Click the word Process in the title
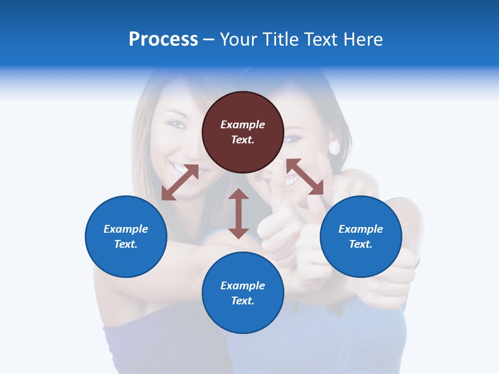point(163,39)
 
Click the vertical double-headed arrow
point(239,213)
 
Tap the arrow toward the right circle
point(305,177)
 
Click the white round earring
point(334,148)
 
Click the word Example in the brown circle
point(243,125)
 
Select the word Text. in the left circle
point(126,244)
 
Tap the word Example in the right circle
point(361,229)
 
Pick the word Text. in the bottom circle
point(243,301)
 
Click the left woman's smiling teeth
point(180,168)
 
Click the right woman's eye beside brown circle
point(293,139)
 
